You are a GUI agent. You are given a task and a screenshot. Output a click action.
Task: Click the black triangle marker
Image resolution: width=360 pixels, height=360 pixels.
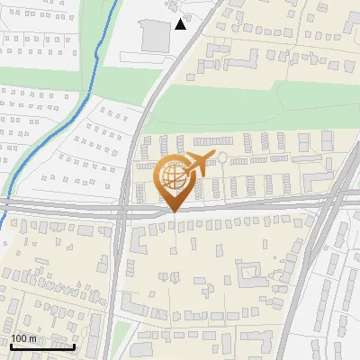(x=181, y=24)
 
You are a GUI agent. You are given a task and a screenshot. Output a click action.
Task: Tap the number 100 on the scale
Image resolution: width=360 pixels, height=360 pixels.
(x=19, y=338)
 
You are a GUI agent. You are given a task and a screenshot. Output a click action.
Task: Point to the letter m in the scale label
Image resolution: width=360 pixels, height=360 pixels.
(x=32, y=338)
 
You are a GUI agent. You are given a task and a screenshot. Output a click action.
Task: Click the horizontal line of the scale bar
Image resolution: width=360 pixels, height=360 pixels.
(x=41, y=346)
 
